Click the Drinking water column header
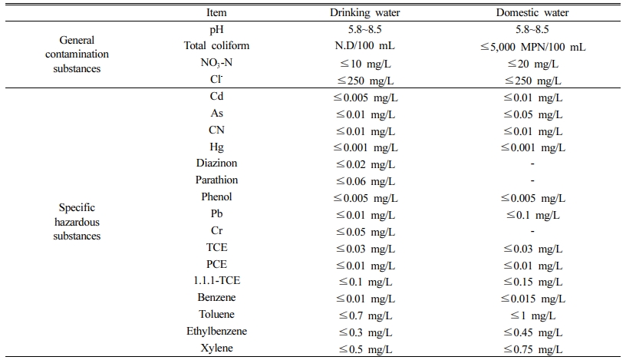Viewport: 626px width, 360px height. click(x=365, y=13)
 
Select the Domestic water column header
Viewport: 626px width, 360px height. click(x=532, y=13)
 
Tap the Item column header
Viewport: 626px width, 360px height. click(x=216, y=13)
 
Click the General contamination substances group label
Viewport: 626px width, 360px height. click(x=77, y=54)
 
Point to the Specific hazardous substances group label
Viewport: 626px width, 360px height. click(x=77, y=222)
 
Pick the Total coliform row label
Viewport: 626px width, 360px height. click(x=216, y=46)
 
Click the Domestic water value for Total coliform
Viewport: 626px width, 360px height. click(x=532, y=47)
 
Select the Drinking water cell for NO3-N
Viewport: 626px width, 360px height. click(x=365, y=64)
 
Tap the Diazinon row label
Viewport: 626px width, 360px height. click(x=216, y=163)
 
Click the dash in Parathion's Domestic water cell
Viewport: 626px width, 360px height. click(x=532, y=180)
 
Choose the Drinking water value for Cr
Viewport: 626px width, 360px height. click(x=365, y=232)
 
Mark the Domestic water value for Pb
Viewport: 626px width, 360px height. click(x=532, y=216)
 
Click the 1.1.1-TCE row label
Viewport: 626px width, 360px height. click(x=216, y=280)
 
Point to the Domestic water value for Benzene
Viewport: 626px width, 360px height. click(x=532, y=299)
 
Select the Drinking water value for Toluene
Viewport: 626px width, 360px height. click(x=365, y=316)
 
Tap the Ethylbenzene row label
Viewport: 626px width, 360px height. click(x=216, y=332)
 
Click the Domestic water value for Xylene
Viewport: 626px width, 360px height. click(x=532, y=349)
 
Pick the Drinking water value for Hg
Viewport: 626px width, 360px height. click(x=365, y=148)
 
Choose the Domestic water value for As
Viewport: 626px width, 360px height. click(x=532, y=114)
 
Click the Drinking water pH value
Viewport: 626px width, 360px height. click(x=365, y=30)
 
